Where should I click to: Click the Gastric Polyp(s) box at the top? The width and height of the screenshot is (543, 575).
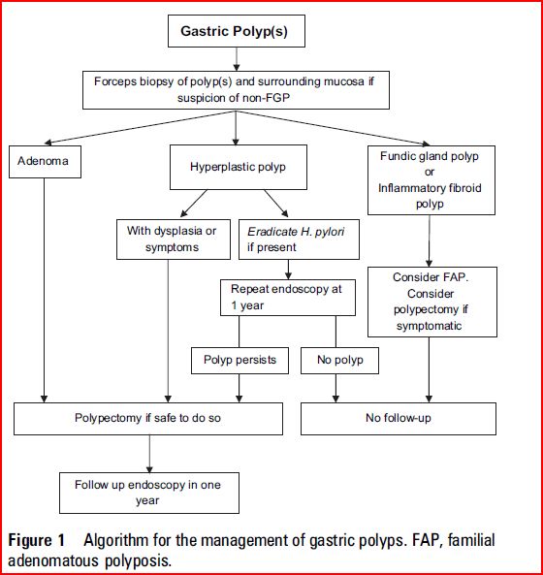(x=237, y=31)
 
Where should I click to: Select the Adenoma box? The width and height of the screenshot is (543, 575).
(x=45, y=162)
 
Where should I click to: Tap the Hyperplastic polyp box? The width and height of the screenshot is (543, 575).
(x=239, y=167)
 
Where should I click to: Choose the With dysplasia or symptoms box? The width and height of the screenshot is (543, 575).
(x=174, y=240)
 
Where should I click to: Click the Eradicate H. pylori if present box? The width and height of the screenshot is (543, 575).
(x=299, y=240)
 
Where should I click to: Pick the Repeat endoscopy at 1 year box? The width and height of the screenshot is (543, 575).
(x=288, y=298)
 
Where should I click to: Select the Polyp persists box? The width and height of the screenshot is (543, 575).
(x=240, y=361)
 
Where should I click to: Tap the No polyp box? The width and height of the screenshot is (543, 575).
(x=340, y=361)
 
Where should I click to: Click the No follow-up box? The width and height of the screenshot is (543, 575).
(x=399, y=419)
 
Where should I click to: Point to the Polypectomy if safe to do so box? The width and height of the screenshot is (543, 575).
(x=148, y=419)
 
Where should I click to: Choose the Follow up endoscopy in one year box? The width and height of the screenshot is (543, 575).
(x=149, y=493)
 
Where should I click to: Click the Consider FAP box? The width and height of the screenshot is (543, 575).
(x=432, y=302)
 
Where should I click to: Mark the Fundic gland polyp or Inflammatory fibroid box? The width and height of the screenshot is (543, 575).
(x=431, y=180)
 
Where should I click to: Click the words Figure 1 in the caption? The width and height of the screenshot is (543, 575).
(x=36, y=540)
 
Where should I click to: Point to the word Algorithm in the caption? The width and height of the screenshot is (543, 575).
(x=115, y=541)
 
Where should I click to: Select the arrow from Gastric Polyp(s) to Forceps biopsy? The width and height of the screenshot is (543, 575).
(x=237, y=59)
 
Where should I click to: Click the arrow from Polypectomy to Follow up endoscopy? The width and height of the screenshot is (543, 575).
(x=149, y=454)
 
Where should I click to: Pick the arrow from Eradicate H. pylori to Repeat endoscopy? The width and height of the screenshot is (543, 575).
(x=288, y=270)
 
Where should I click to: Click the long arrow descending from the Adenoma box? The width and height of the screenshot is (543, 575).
(x=44, y=291)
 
